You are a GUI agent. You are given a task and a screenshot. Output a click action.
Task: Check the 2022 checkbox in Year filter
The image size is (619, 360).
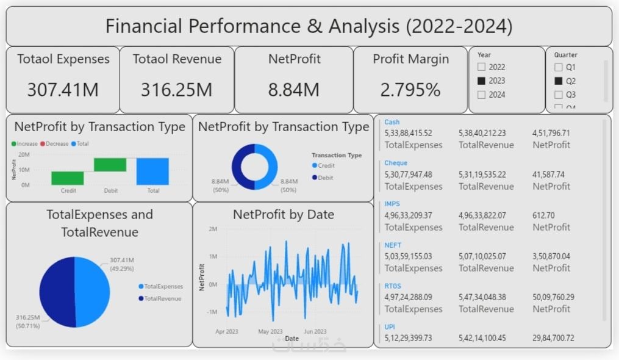[482, 67]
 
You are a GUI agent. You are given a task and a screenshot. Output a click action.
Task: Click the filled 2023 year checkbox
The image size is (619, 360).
[482, 81]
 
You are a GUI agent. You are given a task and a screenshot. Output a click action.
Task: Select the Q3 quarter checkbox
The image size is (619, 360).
[559, 95]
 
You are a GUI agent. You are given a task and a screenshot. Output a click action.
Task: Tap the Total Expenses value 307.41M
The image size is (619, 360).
[63, 90]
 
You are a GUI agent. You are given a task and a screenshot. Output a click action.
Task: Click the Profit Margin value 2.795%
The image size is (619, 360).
[410, 90]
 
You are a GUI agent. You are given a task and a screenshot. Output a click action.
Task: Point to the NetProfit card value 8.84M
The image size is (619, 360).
[293, 90]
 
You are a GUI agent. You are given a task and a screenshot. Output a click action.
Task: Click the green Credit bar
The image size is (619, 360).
[68, 178]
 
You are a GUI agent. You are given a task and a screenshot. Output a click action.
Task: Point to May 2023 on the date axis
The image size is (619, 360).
[270, 332]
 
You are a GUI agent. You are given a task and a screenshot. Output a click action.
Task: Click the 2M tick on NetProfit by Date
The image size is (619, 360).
[213, 229]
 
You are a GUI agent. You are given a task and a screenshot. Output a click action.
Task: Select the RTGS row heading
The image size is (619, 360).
[393, 286]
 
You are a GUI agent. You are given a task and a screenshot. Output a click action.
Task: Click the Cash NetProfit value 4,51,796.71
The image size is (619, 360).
[551, 133]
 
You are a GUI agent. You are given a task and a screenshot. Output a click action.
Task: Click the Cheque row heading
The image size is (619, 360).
[396, 163]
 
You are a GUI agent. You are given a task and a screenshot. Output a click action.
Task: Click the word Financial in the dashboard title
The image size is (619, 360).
[144, 26]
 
